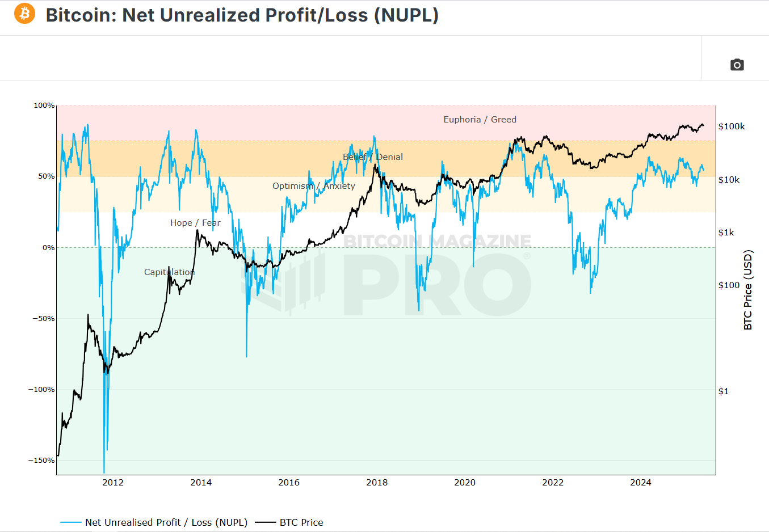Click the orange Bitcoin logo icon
click(24, 13)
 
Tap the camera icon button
click(737, 65)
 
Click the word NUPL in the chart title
click(405, 15)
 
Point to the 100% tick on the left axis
click(44, 105)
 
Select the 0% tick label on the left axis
click(48, 248)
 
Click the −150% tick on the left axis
click(41, 461)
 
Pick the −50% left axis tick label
click(43, 319)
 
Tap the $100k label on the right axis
click(732, 126)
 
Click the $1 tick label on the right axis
click(723, 391)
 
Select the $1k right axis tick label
click(726, 233)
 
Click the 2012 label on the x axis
click(113, 483)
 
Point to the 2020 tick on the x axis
click(465, 483)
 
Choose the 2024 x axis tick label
click(641, 483)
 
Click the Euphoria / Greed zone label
click(480, 120)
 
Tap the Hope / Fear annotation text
click(195, 223)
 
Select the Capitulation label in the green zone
click(169, 272)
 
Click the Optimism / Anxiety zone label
click(313, 186)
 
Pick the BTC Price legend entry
click(301, 522)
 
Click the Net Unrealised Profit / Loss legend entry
click(166, 522)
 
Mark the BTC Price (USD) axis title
click(748, 290)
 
